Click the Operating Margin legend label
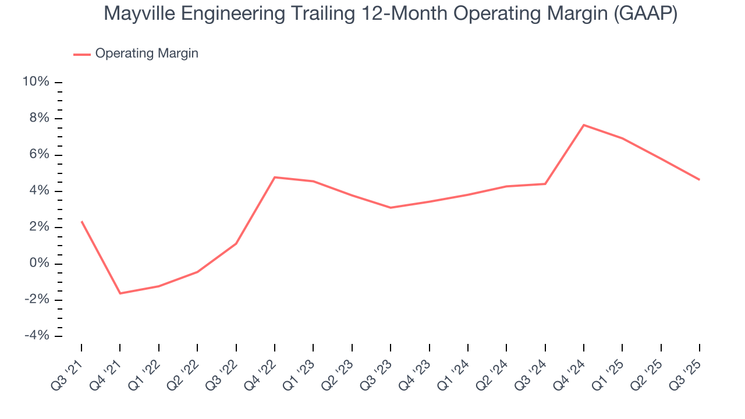147,54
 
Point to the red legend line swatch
81,54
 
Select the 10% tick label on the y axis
36,82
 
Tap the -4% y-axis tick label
36,336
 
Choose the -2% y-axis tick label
36,300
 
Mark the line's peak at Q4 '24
584,125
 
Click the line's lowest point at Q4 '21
120,293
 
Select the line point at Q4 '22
275,177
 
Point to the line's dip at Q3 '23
391,208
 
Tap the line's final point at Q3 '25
700,180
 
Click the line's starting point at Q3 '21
81,221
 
